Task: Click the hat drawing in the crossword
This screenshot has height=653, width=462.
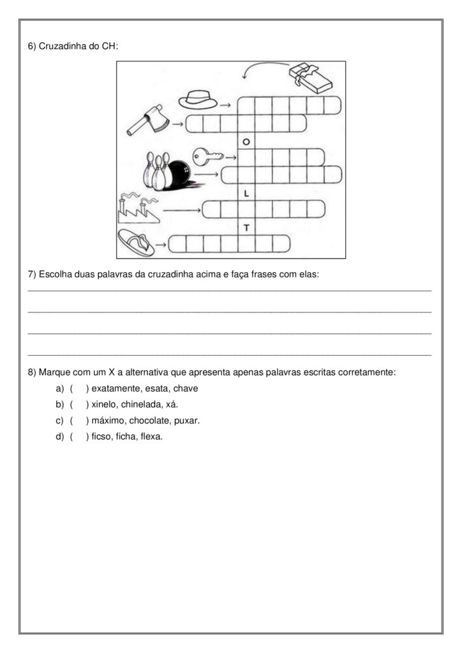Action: [x=198, y=99]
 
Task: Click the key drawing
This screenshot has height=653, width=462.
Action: [x=207, y=154]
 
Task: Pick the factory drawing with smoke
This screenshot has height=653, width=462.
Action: [x=137, y=208]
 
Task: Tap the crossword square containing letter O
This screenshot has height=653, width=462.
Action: [x=246, y=140]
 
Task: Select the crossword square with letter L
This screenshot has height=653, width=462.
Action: [x=246, y=192]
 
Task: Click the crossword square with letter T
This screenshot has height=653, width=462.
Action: [x=246, y=226]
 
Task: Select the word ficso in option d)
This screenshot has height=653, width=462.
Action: [x=102, y=437]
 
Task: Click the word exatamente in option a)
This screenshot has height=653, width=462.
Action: [x=115, y=388]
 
